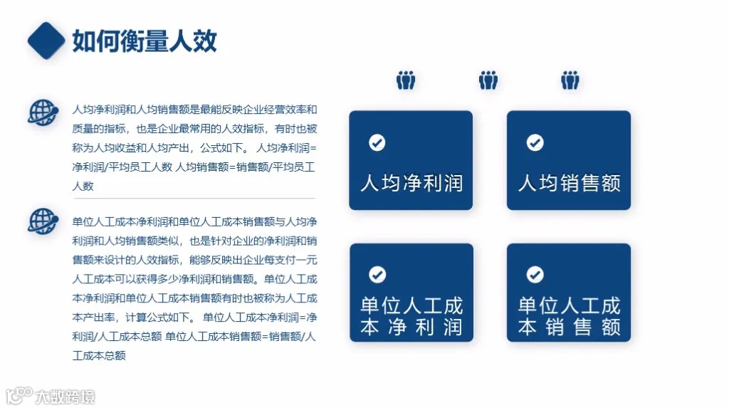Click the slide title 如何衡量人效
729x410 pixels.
145,41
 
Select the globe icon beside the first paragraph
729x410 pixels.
43,112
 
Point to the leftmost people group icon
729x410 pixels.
406,80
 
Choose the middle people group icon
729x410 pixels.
488,80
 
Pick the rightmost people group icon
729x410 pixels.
570,80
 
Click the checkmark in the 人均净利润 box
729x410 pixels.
377,143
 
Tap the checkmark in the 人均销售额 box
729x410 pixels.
535,143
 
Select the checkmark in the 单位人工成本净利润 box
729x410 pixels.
377,275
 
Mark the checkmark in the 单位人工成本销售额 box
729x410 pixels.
535,275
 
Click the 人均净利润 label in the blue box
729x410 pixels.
411,183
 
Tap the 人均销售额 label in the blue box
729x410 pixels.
569,183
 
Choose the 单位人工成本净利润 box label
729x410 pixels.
411,317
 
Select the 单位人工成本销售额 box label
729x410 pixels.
569,317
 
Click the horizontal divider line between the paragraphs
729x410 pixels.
194,198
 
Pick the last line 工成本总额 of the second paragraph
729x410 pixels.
99,355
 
